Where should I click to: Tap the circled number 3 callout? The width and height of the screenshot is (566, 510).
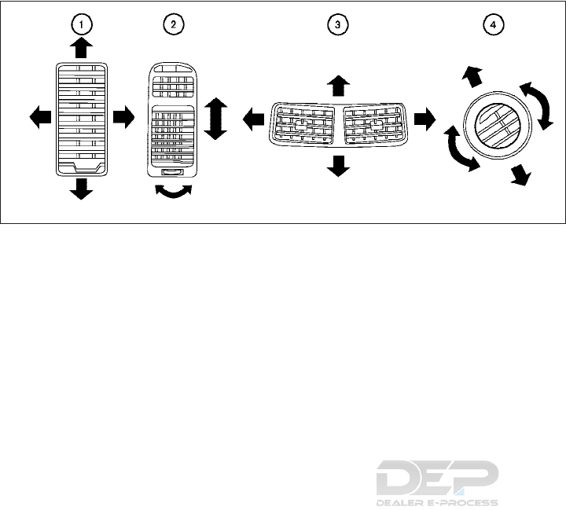(x=337, y=24)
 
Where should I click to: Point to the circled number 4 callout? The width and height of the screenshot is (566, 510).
(x=493, y=24)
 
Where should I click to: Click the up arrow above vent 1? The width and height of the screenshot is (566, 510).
(x=80, y=49)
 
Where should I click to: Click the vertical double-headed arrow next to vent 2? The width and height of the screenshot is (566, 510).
(x=215, y=118)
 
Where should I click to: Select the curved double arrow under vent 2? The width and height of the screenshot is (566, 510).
(x=174, y=193)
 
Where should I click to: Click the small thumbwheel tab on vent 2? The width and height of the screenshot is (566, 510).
(x=174, y=171)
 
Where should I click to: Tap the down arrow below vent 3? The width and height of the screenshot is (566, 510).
(x=338, y=165)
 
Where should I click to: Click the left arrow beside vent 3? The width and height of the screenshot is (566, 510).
(x=252, y=119)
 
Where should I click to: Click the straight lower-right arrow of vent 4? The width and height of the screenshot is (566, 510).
(x=518, y=175)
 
